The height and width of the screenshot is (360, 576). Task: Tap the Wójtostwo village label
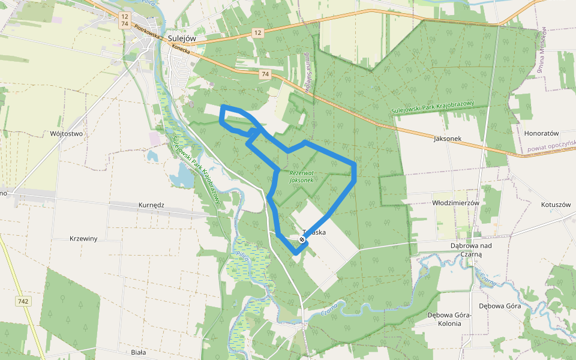67,134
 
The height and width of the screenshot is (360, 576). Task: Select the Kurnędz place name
151,205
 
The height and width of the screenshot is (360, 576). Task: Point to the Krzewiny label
83,238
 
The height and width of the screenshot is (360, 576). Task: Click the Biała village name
138,352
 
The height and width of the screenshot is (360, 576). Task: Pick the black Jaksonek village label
448,138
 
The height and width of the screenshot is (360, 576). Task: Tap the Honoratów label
541,133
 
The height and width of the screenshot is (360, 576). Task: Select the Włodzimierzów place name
456,203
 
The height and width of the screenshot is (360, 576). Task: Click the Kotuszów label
555,205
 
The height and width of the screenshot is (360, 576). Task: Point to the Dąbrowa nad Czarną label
471,250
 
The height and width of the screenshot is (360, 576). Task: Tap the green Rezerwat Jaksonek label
301,176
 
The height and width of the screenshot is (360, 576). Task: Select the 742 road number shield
23,301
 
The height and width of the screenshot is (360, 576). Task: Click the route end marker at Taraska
302,239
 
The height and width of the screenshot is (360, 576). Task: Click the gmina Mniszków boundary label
540,51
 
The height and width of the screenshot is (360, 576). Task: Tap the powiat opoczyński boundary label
551,146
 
